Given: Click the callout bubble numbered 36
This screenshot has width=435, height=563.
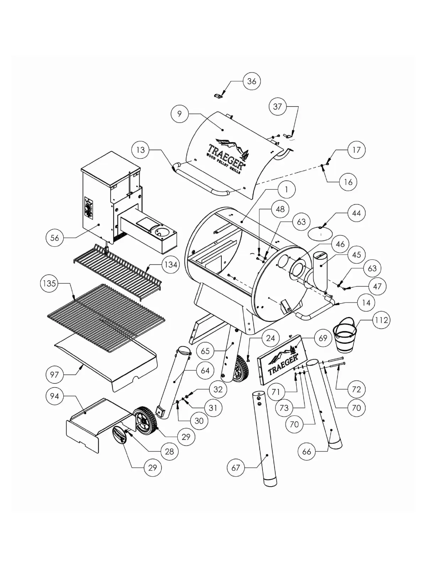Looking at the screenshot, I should (252, 81).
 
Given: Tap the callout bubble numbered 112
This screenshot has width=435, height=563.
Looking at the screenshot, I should (381, 320).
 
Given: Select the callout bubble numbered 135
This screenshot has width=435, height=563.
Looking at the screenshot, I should (49, 283).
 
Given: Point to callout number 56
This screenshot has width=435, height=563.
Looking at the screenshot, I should (55, 238).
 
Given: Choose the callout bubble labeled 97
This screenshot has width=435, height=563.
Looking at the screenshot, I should (54, 374).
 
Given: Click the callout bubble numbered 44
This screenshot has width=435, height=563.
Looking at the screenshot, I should (356, 213).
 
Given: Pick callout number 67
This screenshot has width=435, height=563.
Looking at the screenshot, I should (236, 468).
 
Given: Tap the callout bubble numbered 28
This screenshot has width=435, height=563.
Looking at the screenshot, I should (169, 451).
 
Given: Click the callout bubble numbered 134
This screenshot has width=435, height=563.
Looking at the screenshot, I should (171, 265).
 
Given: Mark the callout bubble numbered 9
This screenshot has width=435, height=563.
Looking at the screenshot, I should (179, 114).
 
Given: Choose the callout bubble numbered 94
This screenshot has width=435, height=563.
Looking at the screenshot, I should (54, 396).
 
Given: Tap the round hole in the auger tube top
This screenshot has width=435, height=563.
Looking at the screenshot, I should (163, 232).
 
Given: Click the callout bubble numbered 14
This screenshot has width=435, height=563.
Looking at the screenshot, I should (366, 302).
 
